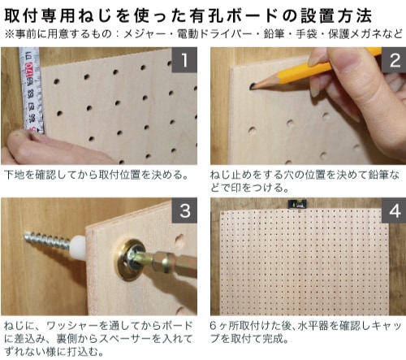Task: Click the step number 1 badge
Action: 184,60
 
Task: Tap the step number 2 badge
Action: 394,60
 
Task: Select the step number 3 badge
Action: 184,210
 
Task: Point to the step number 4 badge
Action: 394,210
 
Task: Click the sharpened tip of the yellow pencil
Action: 252,87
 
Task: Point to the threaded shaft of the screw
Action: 48,241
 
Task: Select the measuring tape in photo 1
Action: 32,90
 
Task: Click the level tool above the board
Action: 296,204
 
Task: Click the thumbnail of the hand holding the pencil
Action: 309,106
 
